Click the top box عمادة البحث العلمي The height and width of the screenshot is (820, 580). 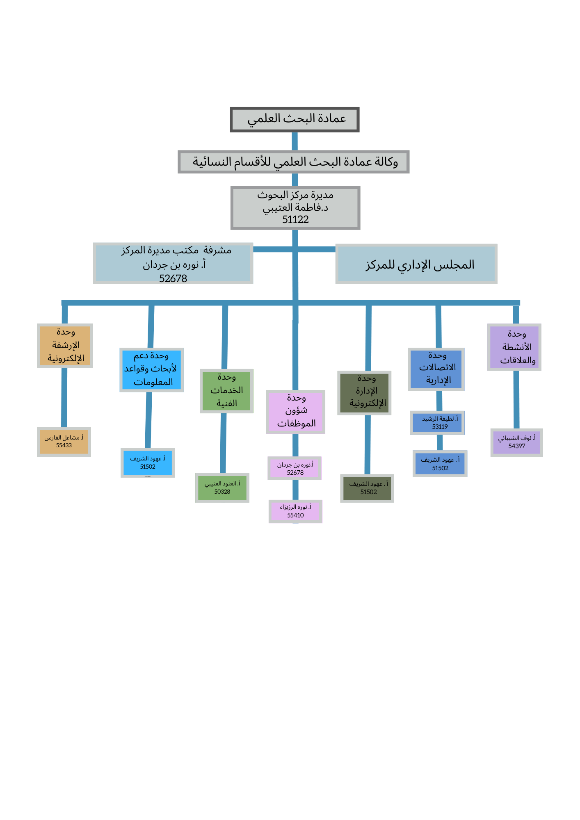coord(295,120)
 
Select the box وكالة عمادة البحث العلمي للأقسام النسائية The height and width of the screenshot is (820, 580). coord(294,162)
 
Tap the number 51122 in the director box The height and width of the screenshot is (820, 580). coord(295,220)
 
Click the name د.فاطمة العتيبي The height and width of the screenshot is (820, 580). coord(295,208)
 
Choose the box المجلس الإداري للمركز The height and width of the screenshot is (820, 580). coord(416,264)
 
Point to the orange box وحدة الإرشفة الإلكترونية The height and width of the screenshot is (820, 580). coord(65,346)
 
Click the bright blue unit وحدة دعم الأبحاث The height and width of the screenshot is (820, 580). coord(151,370)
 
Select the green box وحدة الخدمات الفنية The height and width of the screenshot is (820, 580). coord(226,391)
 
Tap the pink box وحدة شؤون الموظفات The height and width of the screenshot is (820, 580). coord(295,412)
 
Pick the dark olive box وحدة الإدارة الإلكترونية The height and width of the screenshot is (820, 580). coord(364,393)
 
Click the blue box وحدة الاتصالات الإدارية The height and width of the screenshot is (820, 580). coord(436,369)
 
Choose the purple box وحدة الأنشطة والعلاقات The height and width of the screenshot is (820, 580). coord(514,347)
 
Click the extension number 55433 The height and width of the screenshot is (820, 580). coord(64,446)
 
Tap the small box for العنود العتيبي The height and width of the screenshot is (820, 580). coord(222,488)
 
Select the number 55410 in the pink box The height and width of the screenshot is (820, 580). coord(295,515)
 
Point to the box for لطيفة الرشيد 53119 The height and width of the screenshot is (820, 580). coord(437,423)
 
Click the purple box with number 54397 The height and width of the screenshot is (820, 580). coord(517,442)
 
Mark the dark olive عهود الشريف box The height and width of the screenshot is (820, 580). coord(367,488)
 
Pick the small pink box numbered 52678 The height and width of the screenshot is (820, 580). coord(295,468)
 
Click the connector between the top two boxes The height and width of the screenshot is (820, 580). coord(295,141)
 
